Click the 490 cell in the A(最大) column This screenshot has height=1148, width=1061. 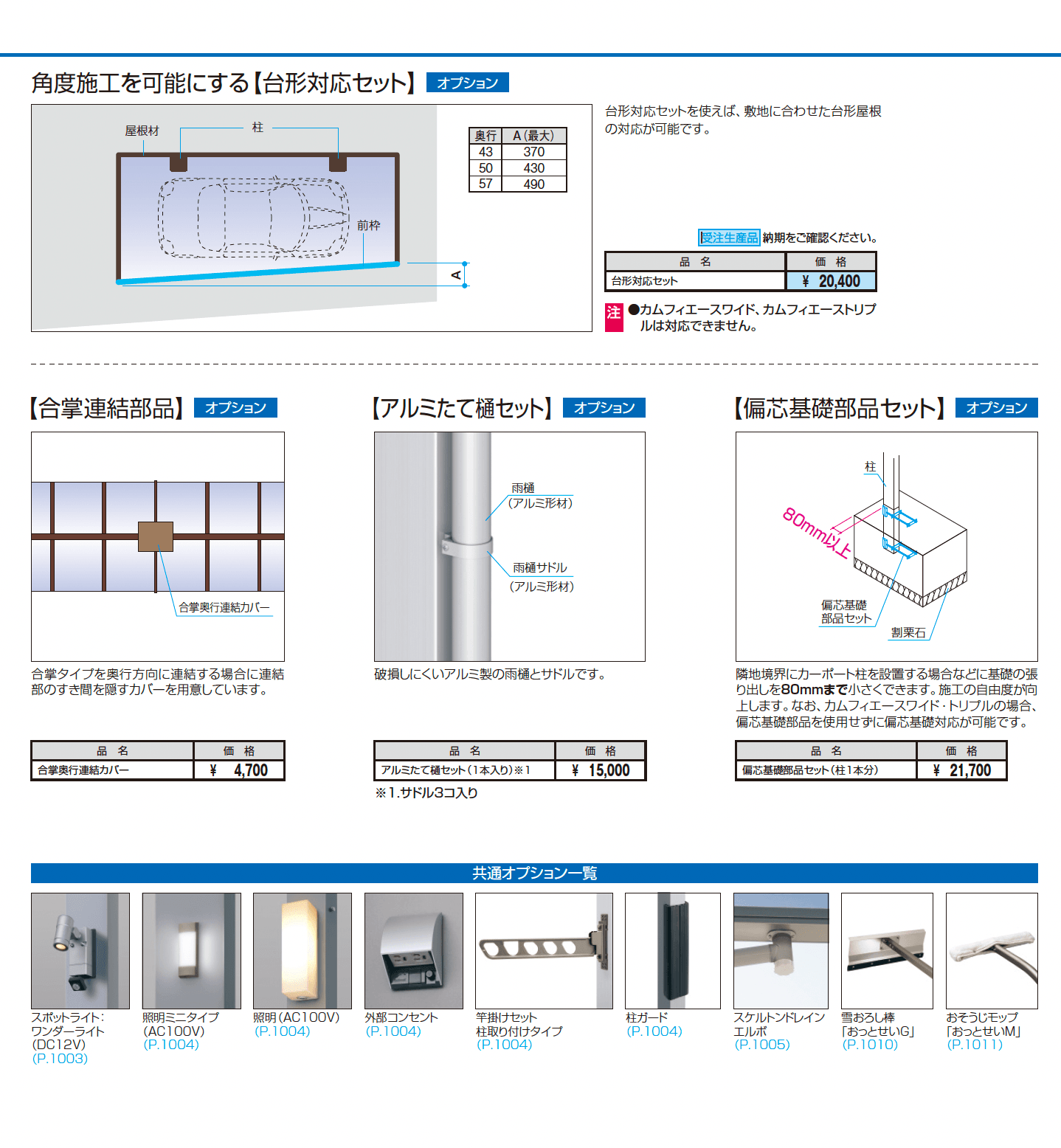[533, 184]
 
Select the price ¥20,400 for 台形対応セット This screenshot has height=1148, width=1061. [832, 281]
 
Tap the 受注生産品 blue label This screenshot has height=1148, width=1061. [729, 238]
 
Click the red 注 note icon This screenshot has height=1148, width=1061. [614, 317]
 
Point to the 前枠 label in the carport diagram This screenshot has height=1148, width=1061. [368, 225]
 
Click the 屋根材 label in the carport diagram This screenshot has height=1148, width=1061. [142, 131]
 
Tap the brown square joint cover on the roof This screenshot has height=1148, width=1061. [156, 536]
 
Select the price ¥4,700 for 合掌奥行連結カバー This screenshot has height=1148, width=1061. [240, 770]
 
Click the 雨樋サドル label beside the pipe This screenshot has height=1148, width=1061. [540, 567]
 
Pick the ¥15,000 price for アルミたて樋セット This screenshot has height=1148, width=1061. [601, 770]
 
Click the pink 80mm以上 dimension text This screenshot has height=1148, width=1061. [817, 533]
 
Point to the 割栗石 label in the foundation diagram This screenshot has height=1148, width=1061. [908, 632]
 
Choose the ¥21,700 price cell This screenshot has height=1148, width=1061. [961, 770]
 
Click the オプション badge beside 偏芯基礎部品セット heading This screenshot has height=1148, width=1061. [996, 408]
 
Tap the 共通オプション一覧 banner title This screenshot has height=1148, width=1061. [534, 874]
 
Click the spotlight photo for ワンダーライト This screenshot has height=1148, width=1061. [80, 950]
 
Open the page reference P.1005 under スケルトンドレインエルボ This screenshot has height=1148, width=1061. [762, 1045]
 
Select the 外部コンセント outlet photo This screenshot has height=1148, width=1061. [414, 950]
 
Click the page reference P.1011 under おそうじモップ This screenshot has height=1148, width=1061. [975, 1045]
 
